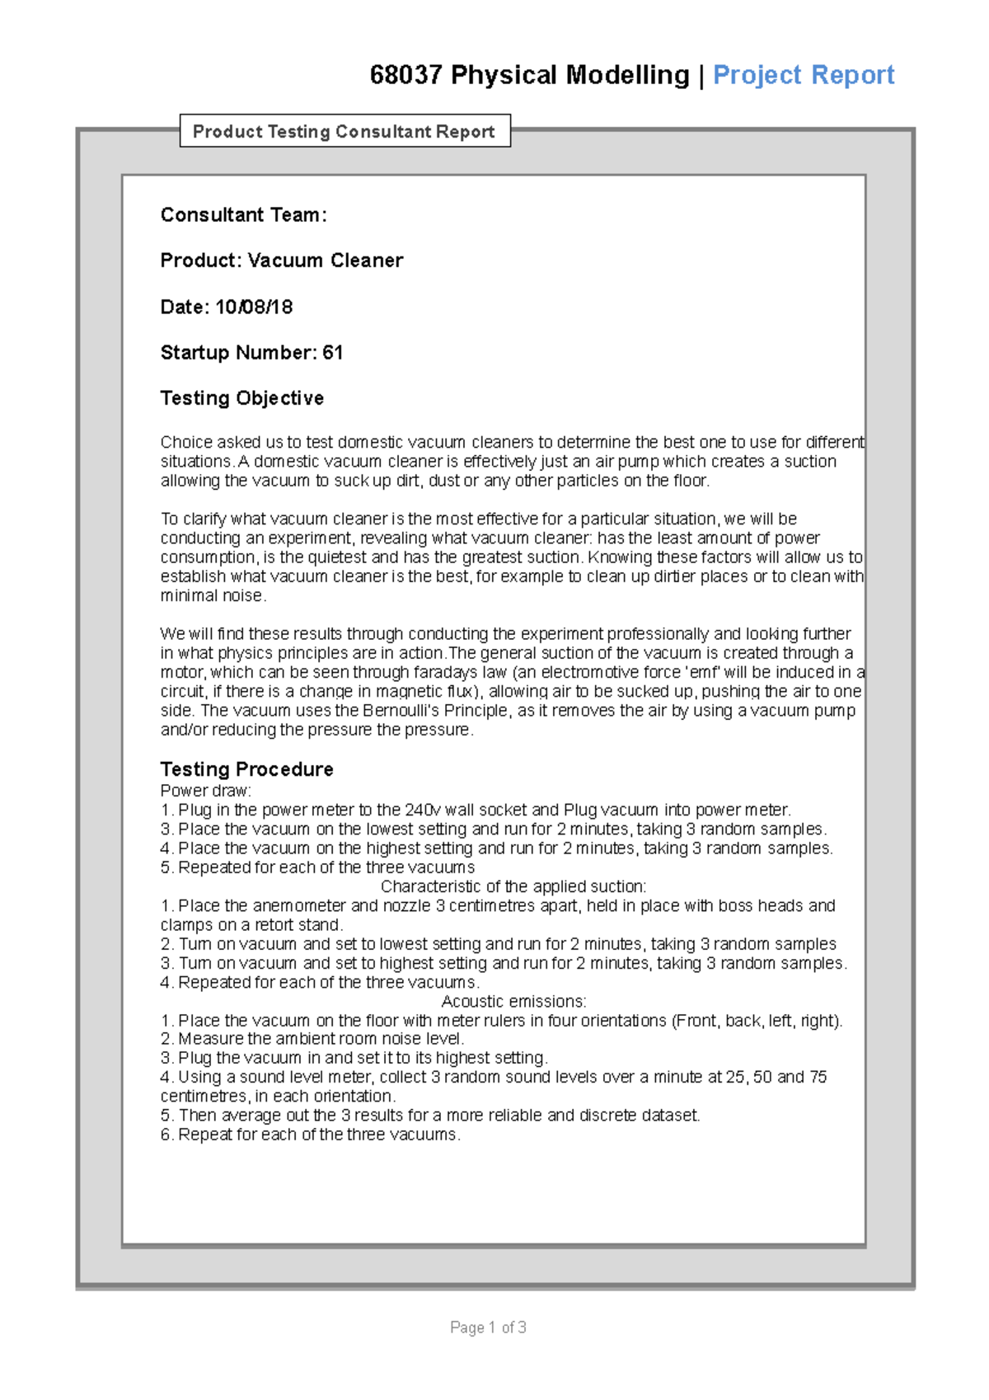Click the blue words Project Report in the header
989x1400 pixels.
pos(804,75)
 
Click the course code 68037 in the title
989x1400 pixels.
pos(405,75)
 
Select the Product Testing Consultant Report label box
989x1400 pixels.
pos(345,131)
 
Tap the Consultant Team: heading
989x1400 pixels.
pos(243,215)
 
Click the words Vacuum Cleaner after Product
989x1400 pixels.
pos(326,261)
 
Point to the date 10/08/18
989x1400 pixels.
pos(254,307)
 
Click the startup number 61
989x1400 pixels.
pos(333,353)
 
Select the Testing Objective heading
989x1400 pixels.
pos(242,398)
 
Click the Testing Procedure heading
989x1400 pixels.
pos(246,769)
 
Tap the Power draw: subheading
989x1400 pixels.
pos(205,791)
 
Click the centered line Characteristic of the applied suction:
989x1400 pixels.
pos(513,886)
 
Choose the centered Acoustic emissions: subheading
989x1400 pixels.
pos(513,1001)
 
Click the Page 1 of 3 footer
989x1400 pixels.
pos(488,1327)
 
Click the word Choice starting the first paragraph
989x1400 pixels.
pos(186,442)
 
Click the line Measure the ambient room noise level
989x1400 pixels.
pos(321,1039)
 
